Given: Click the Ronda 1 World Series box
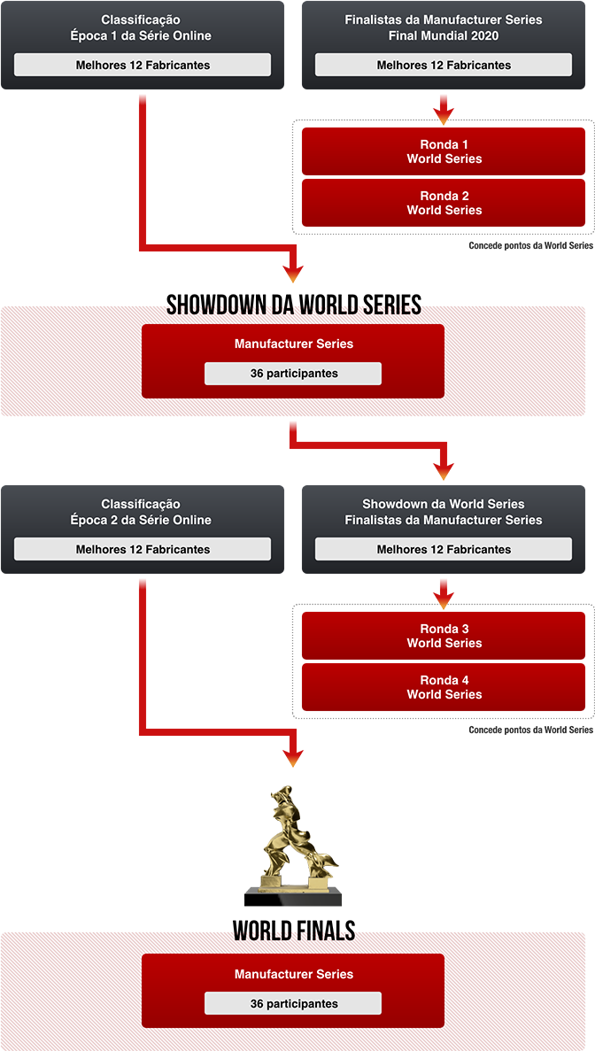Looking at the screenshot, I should pyautogui.click(x=444, y=151).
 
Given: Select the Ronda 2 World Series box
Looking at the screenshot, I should pyautogui.click(x=444, y=203).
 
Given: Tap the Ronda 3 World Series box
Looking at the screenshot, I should pyautogui.click(x=444, y=636).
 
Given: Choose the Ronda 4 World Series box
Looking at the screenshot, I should pyautogui.click(x=444, y=687).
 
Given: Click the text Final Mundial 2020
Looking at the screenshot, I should pyautogui.click(x=444, y=35).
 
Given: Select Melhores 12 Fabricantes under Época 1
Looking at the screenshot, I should pyautogui.click(x=143, y=65).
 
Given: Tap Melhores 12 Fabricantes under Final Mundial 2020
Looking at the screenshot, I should pyautogui.click(x=444, y=65).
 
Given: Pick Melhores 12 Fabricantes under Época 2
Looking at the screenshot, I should pyautogui.click(x=143, y=549).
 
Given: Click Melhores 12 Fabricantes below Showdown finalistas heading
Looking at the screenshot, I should pyautogui.click(x=444, y=549).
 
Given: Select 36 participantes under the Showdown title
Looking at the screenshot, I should pyautogui.click(x=293, y=374).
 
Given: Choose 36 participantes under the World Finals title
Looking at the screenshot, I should pyautogui.click(x=293, y=1004).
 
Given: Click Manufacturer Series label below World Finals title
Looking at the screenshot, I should pyautogui.click(x=293, y=974).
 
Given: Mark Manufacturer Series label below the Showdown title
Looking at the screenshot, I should pyautogui.click(x=293, y=344).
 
